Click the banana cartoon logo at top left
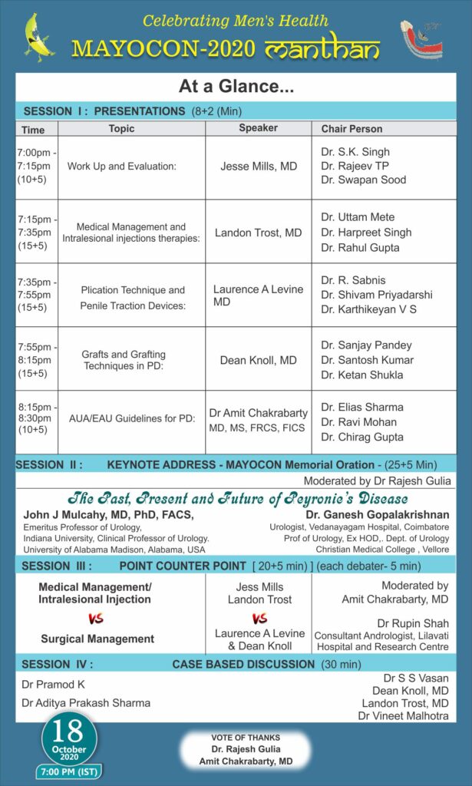[x=38, y=36]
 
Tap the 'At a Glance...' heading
[x=236, y=88]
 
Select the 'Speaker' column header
[x=258, y=128]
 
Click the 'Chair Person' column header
[x=352, y=129]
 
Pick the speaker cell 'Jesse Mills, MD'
[x=258, y=166]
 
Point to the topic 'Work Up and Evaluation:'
[x=122, y=166]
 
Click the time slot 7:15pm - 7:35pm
[x=35, y=231]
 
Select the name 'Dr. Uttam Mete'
[x=358, y=217]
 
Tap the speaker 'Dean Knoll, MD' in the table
[x=258, y=359]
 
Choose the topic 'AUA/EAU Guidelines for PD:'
[x=129, y=419]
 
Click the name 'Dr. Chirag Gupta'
[x=362, y=437]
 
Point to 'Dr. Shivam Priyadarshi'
[x=377, y=295]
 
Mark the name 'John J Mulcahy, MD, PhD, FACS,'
[x=108, y=514]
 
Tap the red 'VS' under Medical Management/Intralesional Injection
[x=96, y=619]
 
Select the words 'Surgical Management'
[x=97, y=639]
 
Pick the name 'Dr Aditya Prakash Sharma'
[x=86, y=702]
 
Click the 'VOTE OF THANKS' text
[x=246, y=737]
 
